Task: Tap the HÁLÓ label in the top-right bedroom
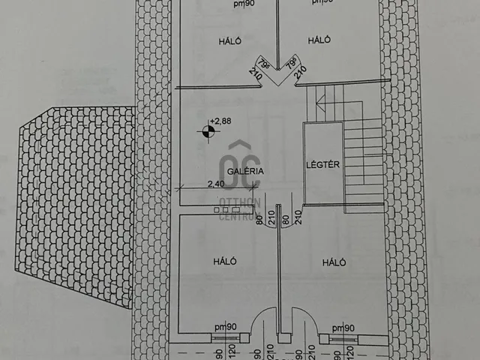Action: (x=319, y=40)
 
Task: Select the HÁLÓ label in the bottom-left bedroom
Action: (x=225, y=262)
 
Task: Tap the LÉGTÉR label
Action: (x=324, y=164)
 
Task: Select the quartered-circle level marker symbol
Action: (x=207, y=132)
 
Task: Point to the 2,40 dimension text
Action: (x=216, y=182)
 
